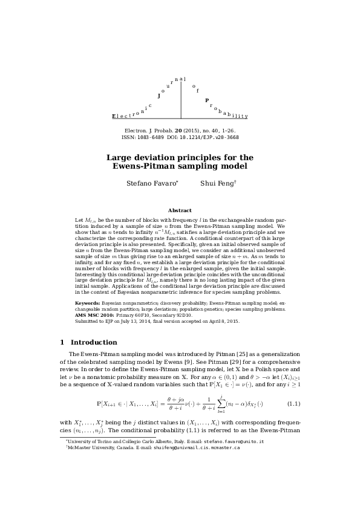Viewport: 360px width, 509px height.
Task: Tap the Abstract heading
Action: pos(180,210)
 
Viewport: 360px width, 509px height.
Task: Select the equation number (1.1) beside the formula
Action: pos(293,403)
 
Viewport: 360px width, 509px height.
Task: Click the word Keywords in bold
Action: pos(87,302)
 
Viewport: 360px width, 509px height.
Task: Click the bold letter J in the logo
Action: pos(159,96)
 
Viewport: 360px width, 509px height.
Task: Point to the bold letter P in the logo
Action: pos(207,100)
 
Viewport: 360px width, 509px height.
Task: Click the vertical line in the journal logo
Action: pos(181,100)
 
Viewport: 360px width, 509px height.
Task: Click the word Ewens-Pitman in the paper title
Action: pos(145,166)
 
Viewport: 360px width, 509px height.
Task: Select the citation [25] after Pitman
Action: pos(232,354)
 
